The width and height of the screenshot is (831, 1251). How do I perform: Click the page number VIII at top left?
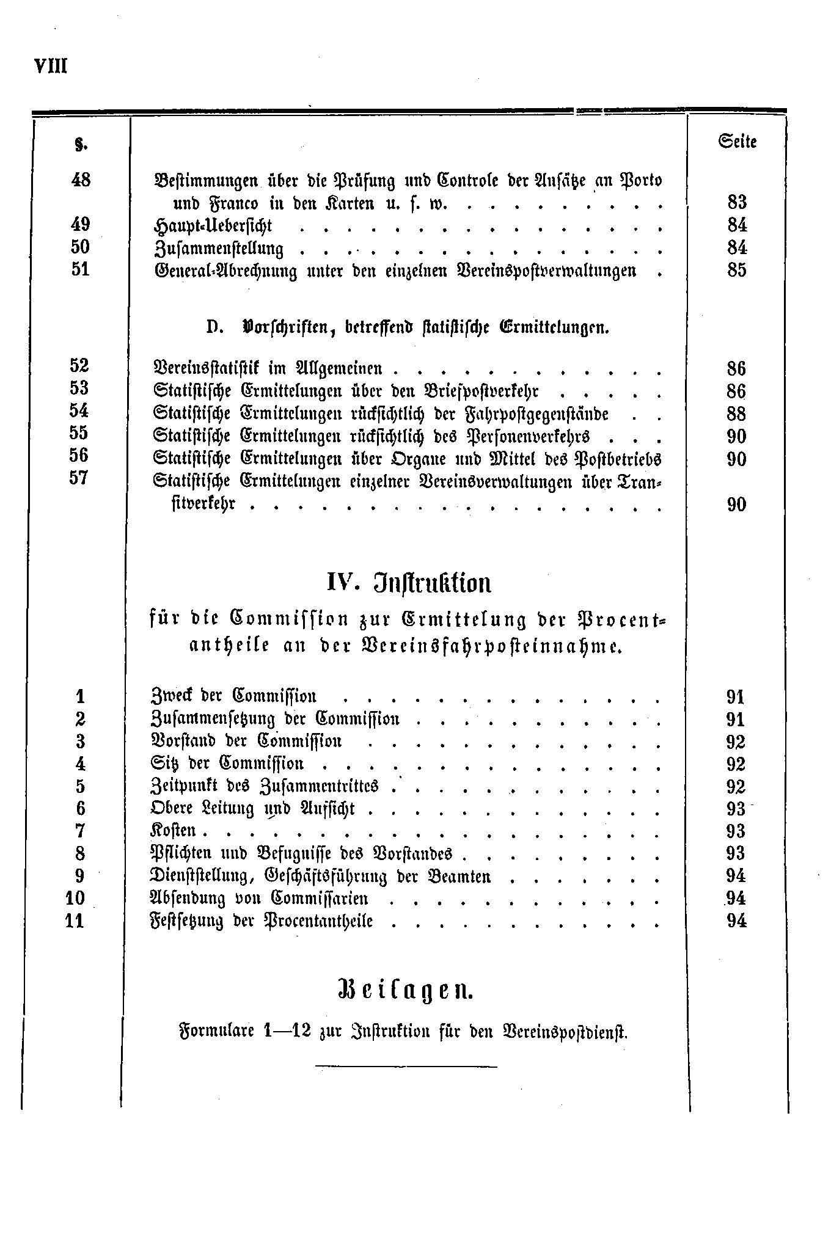pyautogui.click(x=51, y=65)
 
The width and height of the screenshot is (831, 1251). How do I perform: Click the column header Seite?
pyautogui.click(x=738, y=142)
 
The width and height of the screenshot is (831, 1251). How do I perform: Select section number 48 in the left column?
pyautogui.click(x=81, y=180)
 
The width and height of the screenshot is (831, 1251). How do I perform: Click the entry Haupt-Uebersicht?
pyautogui.click(x=212, y=226)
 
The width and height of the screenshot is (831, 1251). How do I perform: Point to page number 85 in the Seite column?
pyautogui.click(x=737, y=270)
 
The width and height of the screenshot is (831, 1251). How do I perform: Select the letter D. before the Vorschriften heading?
pyautogui.click(x=213, y=327)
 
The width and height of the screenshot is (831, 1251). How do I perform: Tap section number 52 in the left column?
pyautogui.click(x=80, y=366)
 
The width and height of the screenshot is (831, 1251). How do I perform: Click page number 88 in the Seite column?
pyautogui.click(x=737, y=414)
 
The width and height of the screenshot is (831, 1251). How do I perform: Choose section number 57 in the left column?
pyautogui.click(x=80, y=478)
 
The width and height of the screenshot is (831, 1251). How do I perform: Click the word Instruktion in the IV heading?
pyautogui.click(x=432, y=584)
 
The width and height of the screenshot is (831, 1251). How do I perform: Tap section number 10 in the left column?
pyautogui.click(x=75, y=899)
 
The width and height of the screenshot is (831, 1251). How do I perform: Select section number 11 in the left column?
pyautogui.click(x=74, y=921)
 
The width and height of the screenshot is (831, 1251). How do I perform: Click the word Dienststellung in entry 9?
pyautogui.click(x=202, y=877)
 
